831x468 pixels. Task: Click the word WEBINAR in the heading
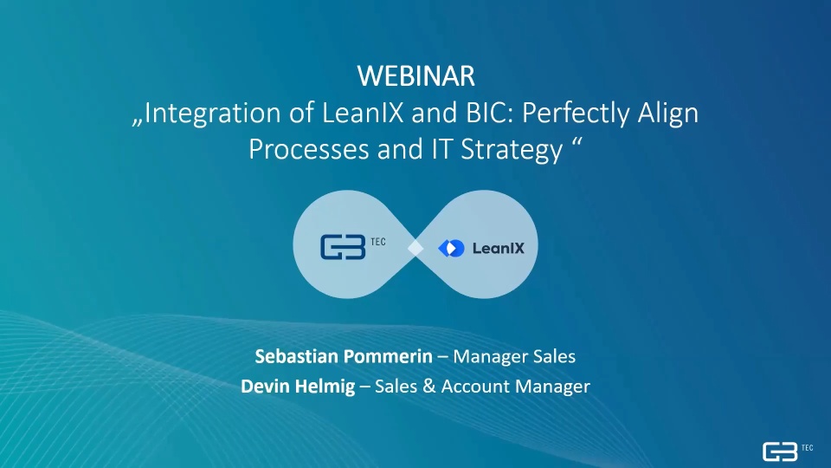tap(416, 76)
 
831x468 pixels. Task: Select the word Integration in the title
tap(213, 114)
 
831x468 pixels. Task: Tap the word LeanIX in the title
tap(363, 113)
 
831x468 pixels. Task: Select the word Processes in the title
tap(309, 150)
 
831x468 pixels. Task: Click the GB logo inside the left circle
tap(343, 247)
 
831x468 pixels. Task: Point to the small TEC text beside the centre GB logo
tap(378, 242)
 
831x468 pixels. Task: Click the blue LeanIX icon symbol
tap(452, 248)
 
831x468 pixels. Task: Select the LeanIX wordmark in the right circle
tap(499, 249)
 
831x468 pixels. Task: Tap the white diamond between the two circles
tap(415, 248)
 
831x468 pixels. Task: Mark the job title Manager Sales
tap(514, 356)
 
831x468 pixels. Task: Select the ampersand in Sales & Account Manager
tap(429, 387)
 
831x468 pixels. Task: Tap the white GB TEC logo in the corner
tap(788, 452)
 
